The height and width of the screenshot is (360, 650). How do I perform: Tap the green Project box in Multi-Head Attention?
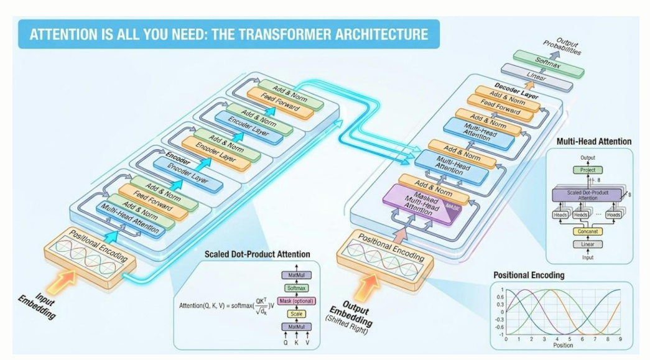tap(587, 170)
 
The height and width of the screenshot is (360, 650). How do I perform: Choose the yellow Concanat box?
tap(587, 232)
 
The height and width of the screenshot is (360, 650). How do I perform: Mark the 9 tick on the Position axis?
tap(620, 339)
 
